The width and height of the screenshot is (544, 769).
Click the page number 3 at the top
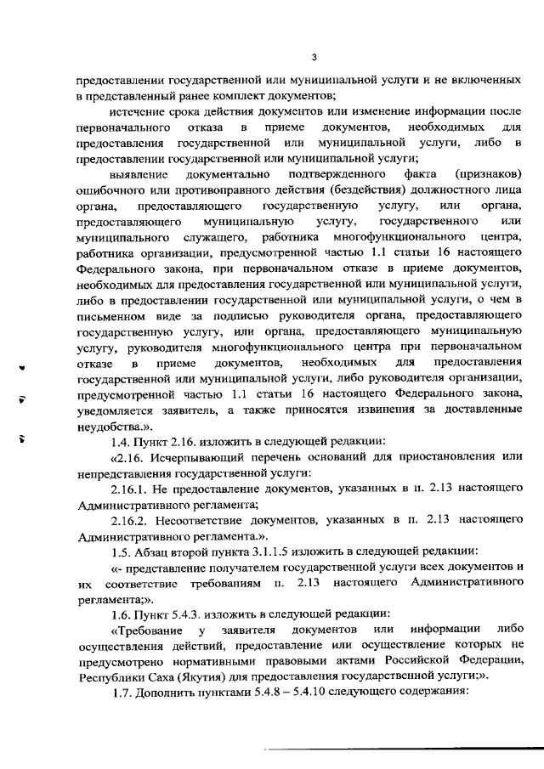point(314,57)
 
